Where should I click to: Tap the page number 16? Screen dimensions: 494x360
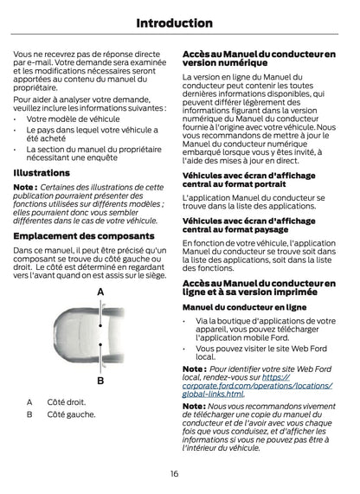[175, 473]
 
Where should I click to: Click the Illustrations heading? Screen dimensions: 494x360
[42, 173]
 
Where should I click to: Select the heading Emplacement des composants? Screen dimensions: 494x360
[85, 235]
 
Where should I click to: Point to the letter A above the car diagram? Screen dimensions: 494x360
[100, 292]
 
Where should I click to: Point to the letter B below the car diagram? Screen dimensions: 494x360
[100, 381]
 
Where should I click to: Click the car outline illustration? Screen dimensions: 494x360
[100, 337]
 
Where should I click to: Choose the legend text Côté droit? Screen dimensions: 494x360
[66, 401]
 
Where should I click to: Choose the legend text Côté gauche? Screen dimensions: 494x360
[71, 414]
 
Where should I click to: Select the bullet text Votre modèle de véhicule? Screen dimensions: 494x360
[74, 119]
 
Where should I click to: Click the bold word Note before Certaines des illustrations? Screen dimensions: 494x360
[24, 187]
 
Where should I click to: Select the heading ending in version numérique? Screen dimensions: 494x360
[259, 59]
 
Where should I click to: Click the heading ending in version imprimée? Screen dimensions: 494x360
[259, 288]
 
